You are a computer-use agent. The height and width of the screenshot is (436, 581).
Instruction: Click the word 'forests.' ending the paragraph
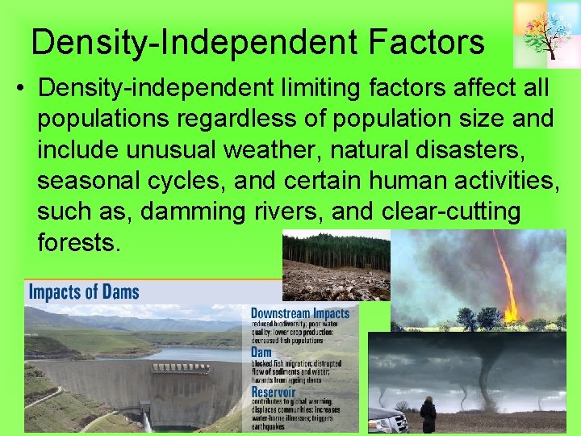(x=78, y=241)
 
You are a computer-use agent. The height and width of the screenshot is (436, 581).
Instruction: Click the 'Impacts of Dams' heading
(x=84, y=291)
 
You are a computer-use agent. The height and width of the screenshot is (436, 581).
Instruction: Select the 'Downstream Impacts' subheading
(x=299, y=313)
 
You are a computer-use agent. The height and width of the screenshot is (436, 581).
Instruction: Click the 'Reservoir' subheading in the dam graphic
(x=275, y=392)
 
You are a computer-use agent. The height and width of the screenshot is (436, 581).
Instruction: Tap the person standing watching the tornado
(x=428, y=416)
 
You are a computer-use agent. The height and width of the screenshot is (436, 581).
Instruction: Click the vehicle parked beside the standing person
(x=387, y=421)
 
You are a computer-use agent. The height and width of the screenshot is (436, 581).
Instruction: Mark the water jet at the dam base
(x=146, y=421)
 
